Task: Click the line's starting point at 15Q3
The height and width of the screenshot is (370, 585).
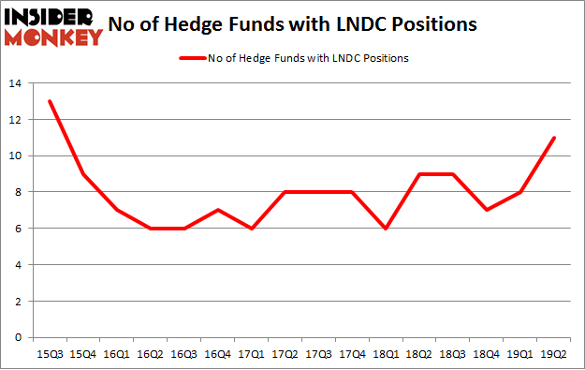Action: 50,101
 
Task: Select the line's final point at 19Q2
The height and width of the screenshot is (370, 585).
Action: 554,138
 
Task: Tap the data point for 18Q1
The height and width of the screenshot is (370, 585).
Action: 386,229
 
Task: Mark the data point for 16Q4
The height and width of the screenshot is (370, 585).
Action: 218,210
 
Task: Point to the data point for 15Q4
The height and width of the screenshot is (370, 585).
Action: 83,174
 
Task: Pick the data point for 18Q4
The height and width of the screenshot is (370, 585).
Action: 487,210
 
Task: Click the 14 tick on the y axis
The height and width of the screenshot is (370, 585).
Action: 16,83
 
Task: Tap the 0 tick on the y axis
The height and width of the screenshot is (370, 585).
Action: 19,337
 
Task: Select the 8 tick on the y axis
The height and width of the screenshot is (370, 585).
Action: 19,192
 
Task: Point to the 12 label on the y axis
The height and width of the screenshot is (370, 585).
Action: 16,120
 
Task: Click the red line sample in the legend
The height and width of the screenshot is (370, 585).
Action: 191,57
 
